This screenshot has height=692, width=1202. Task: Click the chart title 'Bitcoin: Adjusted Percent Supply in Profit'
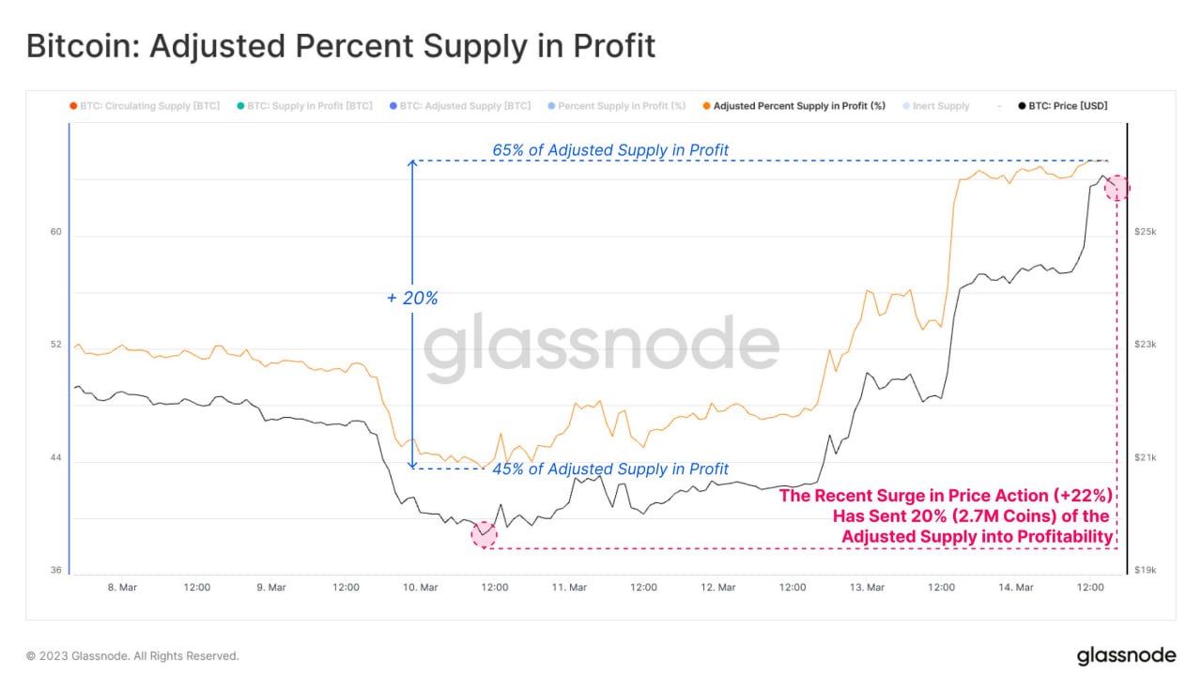click(x=340, y=45)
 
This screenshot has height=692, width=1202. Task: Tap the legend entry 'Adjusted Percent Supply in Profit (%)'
click(x=799, y=106)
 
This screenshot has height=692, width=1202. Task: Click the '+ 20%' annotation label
click(x=412, y=299)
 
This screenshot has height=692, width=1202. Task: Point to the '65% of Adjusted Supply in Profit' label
click(x=610, y=150)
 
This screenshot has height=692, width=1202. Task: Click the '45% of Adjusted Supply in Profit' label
click(x=610, y=469)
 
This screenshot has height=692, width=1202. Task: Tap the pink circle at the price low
click(x=484, y=534)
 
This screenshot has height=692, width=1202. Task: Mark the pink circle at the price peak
click(x=1117, y=188)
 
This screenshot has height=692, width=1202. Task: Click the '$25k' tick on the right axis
click(x=1146, y=231)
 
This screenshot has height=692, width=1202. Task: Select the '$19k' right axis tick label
click(x=1146, y=570)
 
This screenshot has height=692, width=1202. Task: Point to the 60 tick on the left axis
click(x=55, y=231)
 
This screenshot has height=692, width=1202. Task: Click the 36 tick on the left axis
click(x=55, y=570)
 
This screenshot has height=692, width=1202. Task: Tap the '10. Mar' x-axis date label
click(x=420, y=588)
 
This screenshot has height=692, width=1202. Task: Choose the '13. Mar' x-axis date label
click(x=867, y=588)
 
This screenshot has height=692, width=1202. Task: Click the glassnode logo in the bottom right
click(x=1125, y=655)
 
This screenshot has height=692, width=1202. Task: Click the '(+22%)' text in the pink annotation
click(x=1083, y=496)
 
